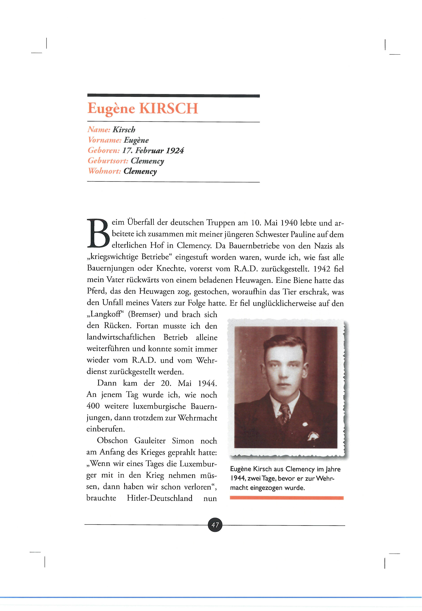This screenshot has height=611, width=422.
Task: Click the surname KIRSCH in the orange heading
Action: [169, 108]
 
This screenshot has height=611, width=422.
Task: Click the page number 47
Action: [215, 525]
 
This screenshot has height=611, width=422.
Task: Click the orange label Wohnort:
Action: [104, 171]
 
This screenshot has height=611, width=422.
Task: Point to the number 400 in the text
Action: [93, 406]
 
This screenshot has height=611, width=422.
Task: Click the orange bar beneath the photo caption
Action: [287, 498]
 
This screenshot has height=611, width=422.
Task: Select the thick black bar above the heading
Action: [174, 96]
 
